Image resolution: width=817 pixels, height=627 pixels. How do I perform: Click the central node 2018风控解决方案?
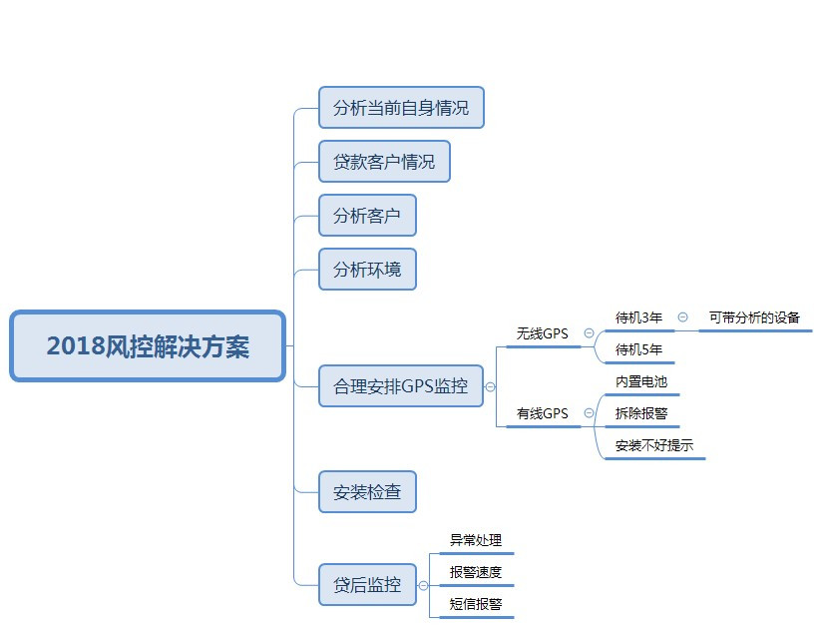click(x=148, y=345)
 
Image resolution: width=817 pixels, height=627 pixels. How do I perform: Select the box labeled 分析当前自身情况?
click(x=401, y=108)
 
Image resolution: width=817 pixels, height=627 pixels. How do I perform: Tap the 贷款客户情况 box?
click(x=384, y=162)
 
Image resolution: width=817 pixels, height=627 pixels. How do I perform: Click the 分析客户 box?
click(x=367, y=215)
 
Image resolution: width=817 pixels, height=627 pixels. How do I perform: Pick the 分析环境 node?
click(x=367, y=269)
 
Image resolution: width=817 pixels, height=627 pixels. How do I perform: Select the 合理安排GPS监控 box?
click(x=400, y=385)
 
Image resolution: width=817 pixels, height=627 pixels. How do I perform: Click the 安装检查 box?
click(x=367, y=492)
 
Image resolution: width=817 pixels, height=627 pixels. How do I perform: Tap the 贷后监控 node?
click(x=367, y=585)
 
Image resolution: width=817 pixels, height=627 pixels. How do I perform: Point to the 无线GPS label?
click(x=542, y=333)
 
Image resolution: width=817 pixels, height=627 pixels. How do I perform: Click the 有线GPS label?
click(x=542, y=412)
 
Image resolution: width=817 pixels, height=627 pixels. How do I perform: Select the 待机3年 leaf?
click(x=638, y=317)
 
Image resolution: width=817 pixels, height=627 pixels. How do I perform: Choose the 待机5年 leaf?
click(x=638, y=349)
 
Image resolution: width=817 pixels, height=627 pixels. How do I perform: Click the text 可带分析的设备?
click(x=754, y=317)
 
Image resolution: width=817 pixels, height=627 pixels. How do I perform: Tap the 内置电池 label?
click(x=641, y=381)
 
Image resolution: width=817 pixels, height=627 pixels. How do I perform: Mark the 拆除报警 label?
click(x=641, y=412)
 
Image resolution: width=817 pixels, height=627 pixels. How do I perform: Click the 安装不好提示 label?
click(x=654, y=445)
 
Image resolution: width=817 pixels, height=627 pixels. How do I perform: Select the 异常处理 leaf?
click(x=476, y=540)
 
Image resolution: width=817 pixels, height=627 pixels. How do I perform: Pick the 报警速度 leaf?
click(x=476, y=572)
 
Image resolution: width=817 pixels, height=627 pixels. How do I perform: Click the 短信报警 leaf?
click(x=476, y=604)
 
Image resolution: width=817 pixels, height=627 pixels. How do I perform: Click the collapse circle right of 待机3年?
click(x=682, y=316)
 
